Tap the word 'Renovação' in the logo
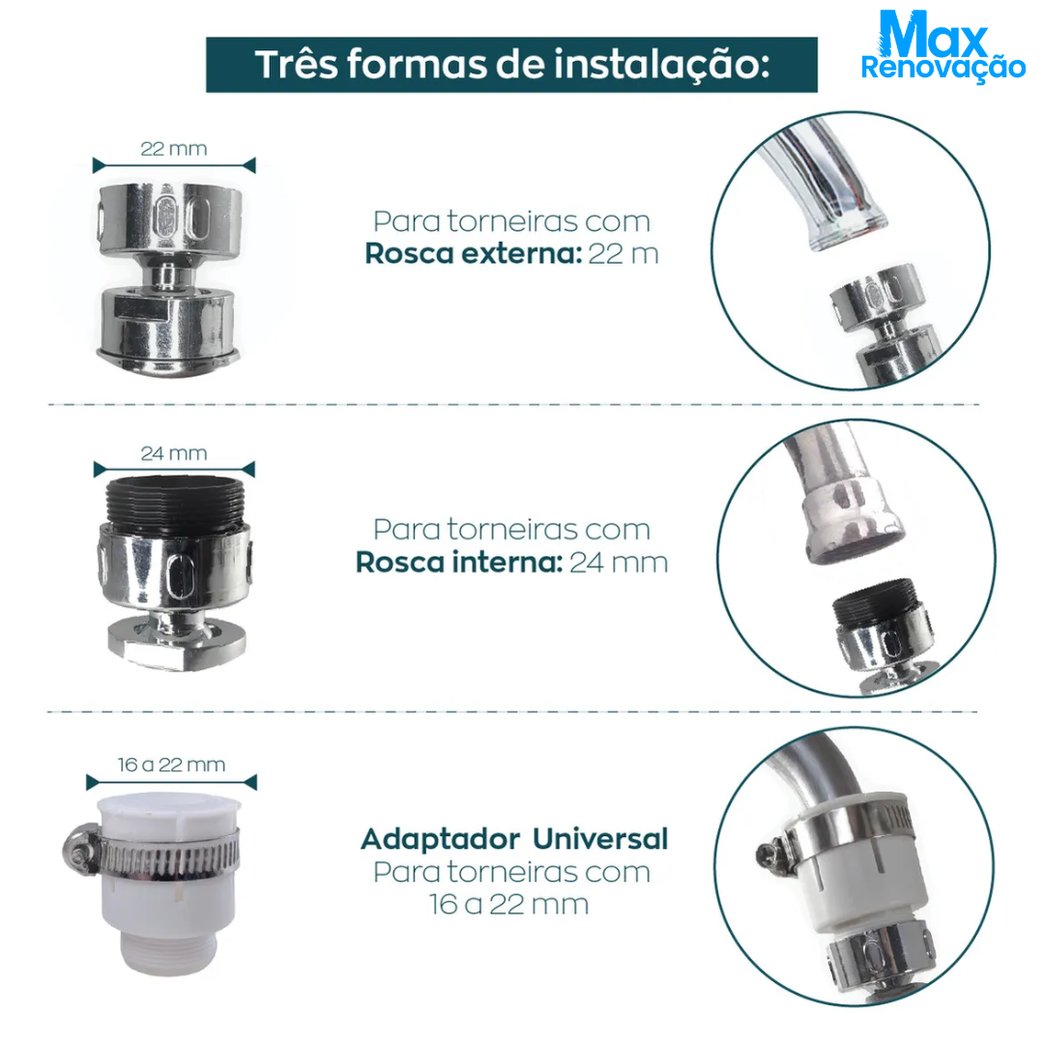click(942, 69)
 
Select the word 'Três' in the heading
click(297, 65)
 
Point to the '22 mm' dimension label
click(174, 149)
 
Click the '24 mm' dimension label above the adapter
click(174, 453)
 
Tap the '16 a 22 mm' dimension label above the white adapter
click(172, 765)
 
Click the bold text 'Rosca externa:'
click(474, 253)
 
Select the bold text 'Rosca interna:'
click(459, 563)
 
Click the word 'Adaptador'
click(441, 840)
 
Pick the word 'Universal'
click(600, 839)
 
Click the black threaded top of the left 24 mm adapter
click(175, 504)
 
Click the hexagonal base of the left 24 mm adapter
click(177, 645)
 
